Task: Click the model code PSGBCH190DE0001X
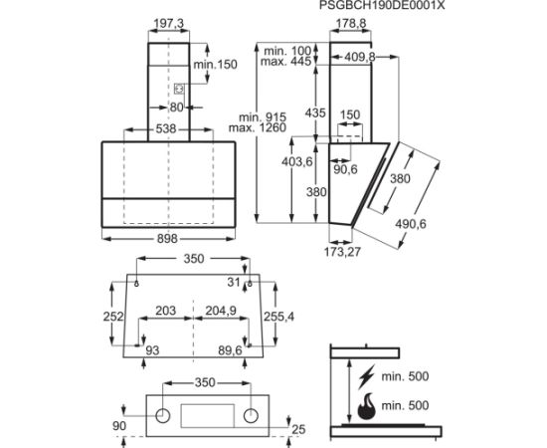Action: pyautogui.click(x=382, y=5)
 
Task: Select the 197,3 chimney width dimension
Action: pyautogui.click(x=169, y=23)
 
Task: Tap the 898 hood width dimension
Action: pyautogui.click(x=167, y=239)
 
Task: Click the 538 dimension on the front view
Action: pyautogui.click(x=166, y=128)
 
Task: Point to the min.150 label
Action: pyautogui.click(x=215, y=65)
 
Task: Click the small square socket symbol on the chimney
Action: pyautogui.click(x=179, y=89)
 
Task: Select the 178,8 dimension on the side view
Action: pyautogui.click(x=351, y=23)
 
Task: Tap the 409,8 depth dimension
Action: pyautogui.click(x=360, y=57)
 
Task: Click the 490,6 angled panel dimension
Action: pyautogui.click(x=411, y=223)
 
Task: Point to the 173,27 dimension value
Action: pyautogui.click(x=342, y=252)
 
